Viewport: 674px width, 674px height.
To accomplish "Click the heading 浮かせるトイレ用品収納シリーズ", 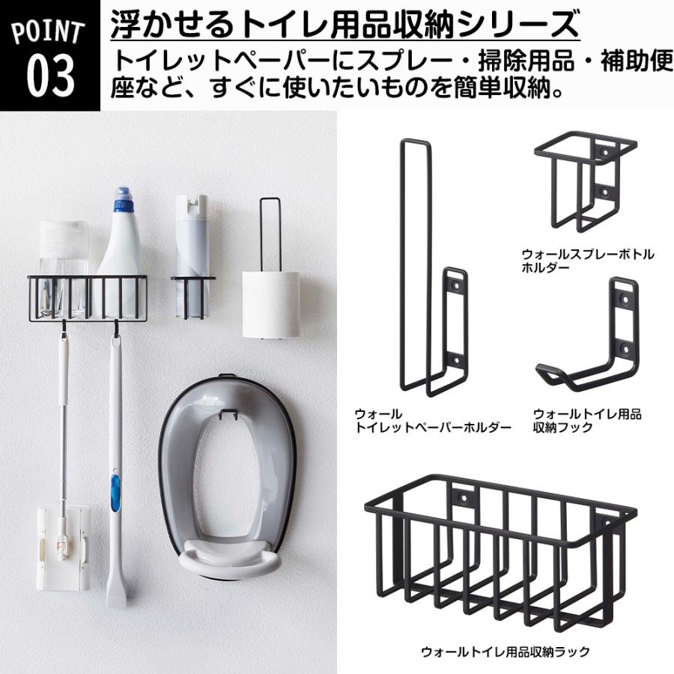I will pos(344,25).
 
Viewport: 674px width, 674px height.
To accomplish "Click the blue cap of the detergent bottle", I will pos(122,203).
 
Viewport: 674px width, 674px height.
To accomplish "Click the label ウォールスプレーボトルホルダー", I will pos(587,261).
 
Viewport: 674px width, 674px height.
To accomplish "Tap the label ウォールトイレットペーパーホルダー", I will pos(432,420).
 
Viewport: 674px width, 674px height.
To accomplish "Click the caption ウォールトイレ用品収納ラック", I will pos(506,652).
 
